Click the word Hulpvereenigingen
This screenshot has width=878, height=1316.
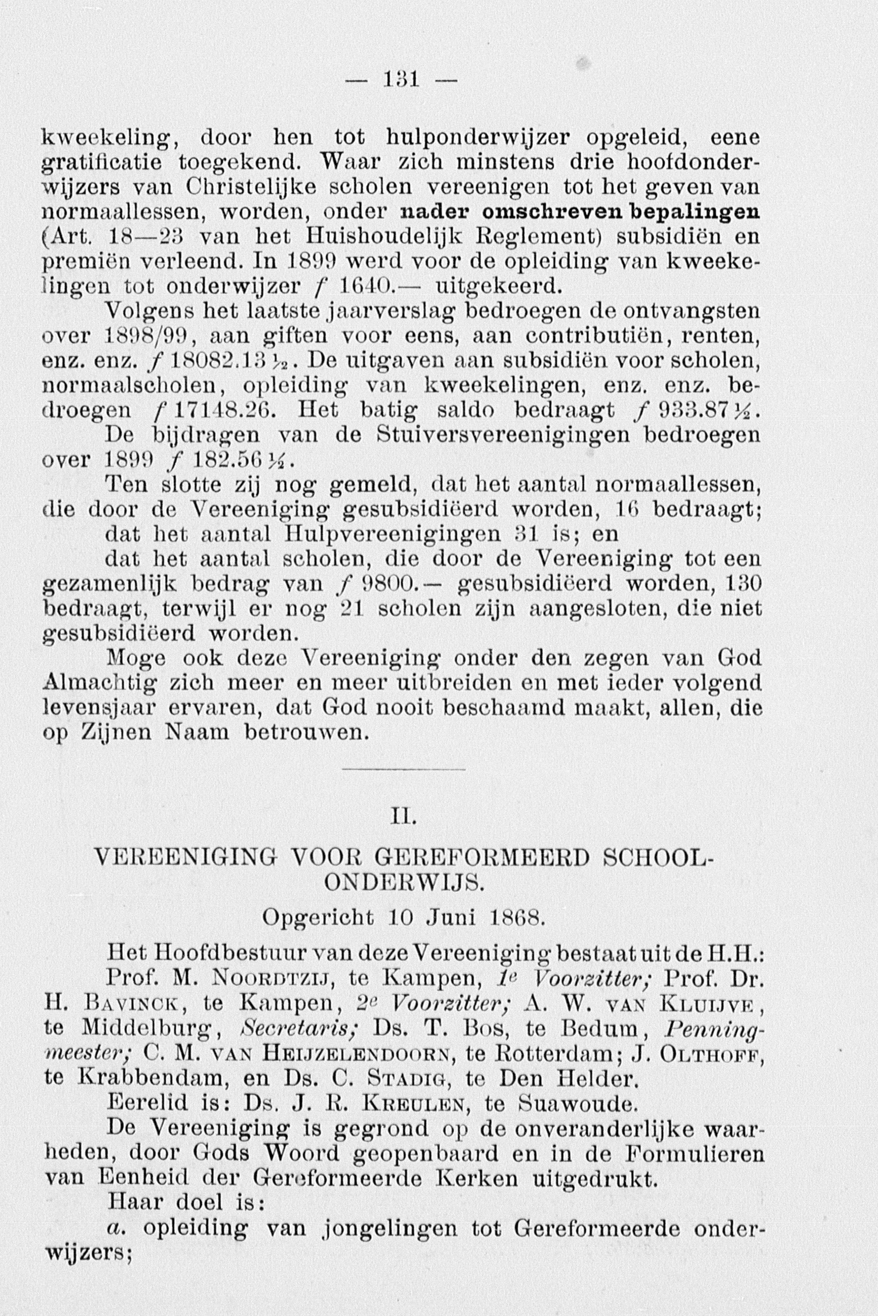tap(393, 535)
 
